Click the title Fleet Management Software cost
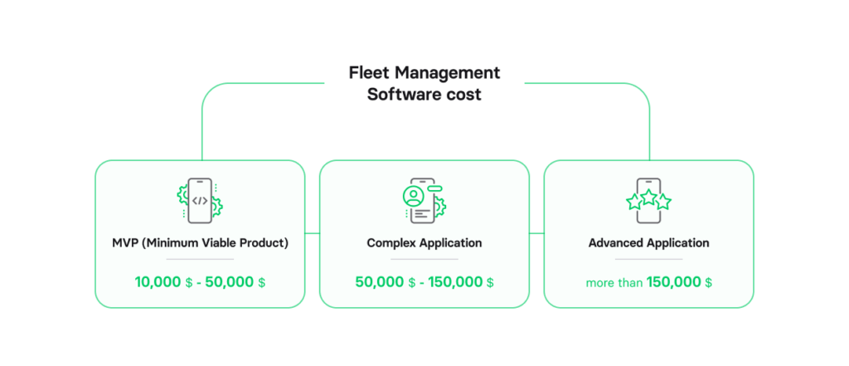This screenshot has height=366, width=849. [x=424, y=83]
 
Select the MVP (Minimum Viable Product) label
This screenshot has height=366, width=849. [x=200, y=243]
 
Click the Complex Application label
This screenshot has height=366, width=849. [x=424, y=243]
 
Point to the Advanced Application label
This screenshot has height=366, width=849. [x=648, y=243]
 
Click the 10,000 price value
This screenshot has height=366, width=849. [x=158, y=282]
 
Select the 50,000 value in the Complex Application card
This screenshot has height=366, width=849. [x=379, y=282]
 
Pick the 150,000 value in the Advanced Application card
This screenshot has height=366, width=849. [x=673, y=282]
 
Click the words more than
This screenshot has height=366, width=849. [x=614, y=283]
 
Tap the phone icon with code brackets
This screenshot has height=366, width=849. [x=200, y=200]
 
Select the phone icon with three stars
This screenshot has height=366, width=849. [x=648, y=200]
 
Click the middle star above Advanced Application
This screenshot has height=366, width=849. [x=648, y=197]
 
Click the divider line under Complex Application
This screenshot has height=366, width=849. [x=424, y=260]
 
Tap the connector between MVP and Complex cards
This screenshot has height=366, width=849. [x=312, y=234]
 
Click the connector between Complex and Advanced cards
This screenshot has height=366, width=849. [x=536, y=234]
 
